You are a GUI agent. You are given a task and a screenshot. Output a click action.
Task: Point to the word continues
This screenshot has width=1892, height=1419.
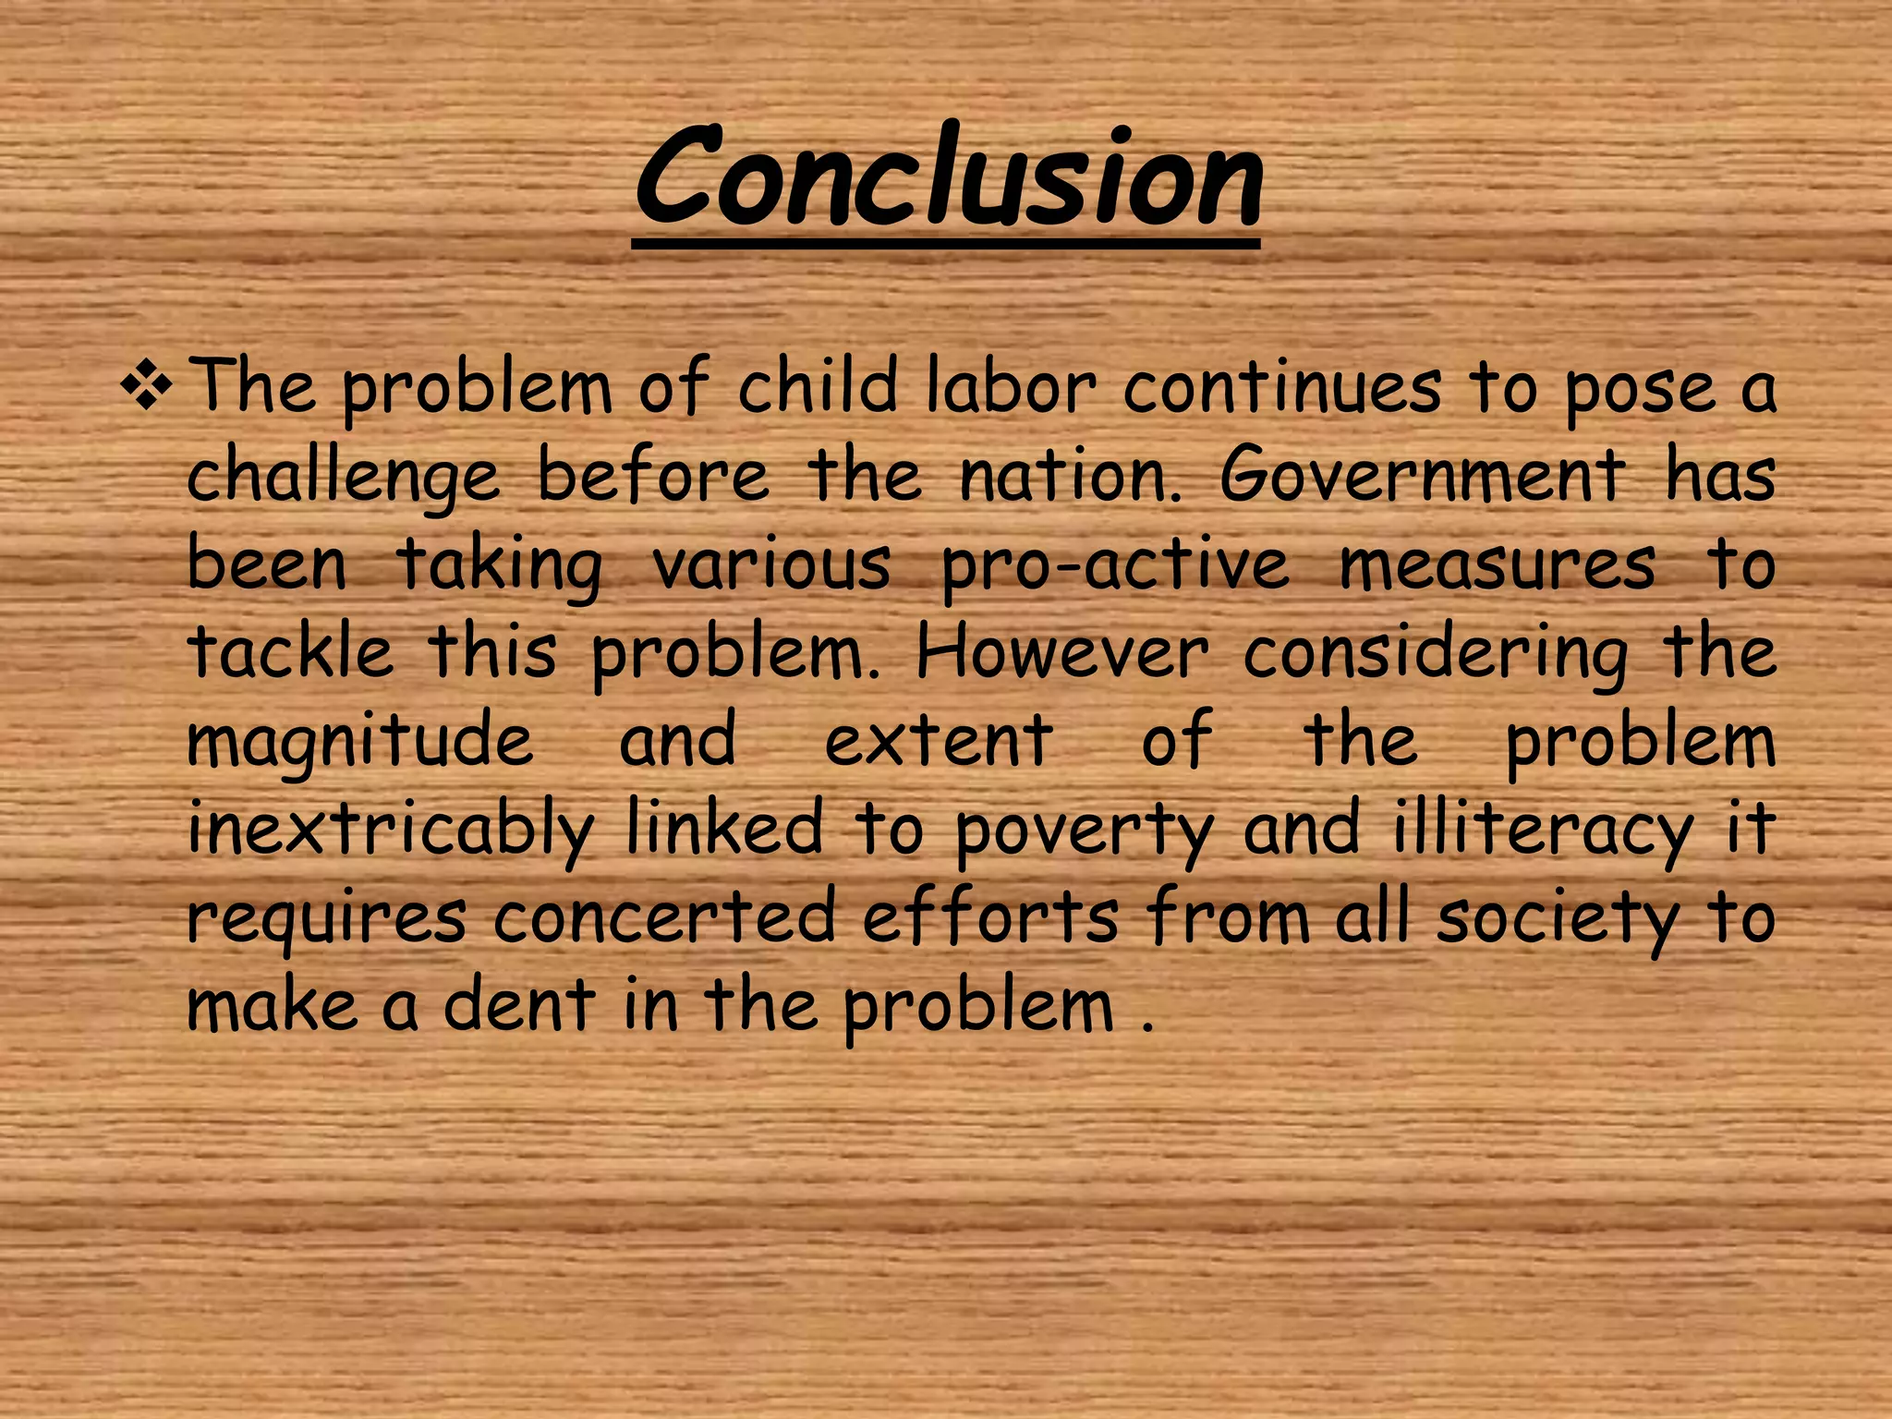click(x=1281, y=387)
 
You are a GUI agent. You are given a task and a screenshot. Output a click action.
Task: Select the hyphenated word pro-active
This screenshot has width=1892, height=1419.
click(x=1115, y=564)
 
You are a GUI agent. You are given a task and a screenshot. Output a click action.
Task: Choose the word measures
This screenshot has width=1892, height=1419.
click(x=1497, y=564)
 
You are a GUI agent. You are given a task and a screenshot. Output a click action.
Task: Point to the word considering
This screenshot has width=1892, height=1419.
click(x=1437, y=654)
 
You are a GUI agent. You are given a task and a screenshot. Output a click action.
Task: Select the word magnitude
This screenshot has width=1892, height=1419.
click(x=360, y=742)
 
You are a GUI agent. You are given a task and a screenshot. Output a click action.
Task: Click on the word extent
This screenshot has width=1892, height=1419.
click(x=939, y=740)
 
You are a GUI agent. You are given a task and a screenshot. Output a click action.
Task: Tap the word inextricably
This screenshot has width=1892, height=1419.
click(x=391, y=830)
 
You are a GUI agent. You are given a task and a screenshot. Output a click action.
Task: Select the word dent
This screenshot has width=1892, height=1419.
click(x=519, y=1004)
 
